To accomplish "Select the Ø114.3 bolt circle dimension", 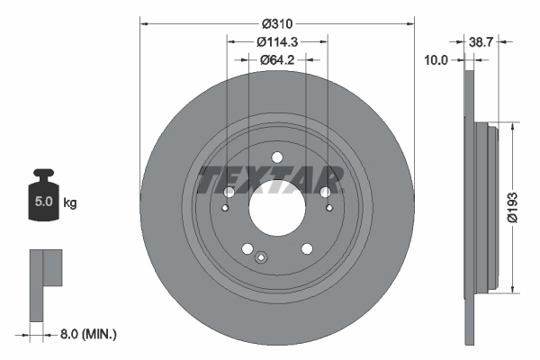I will click(276, 41).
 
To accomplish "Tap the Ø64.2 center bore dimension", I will click(276, 60).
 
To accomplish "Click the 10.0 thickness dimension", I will click(438, 60).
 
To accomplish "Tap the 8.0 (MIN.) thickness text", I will click(87, 334).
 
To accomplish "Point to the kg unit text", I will click(70, 203).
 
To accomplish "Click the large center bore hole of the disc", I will click(276, 217).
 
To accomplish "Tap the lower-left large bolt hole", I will click(247, 249).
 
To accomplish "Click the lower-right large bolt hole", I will click(306, 248).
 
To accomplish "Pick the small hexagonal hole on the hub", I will click(261, 259).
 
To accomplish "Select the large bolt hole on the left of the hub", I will click(228, 193).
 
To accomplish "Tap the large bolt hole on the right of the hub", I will click(325, 192).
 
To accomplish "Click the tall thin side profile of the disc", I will click(467, 207).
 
